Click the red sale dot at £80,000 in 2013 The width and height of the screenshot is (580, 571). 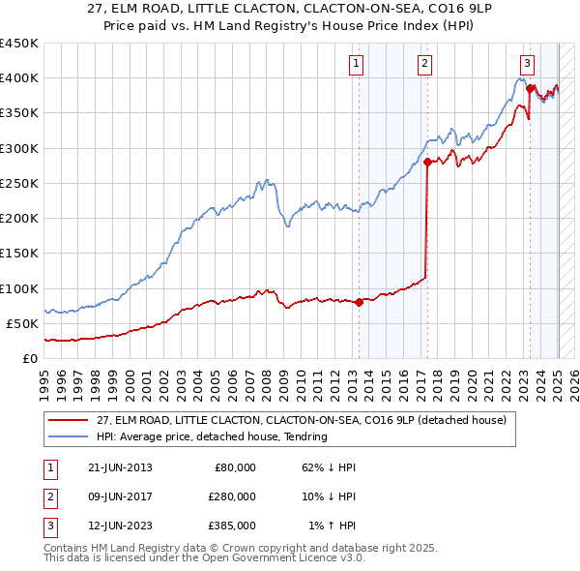point(359,302)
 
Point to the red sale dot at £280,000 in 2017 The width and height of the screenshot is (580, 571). point(426,163)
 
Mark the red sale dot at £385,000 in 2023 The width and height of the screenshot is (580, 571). point(530,89)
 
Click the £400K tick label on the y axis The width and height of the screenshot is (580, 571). point(18,78)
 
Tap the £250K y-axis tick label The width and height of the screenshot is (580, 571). point(18,184)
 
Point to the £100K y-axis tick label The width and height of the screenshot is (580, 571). point(18,288)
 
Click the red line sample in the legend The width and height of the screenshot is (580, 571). point(69,420)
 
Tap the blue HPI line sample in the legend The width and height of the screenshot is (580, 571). point(69,436)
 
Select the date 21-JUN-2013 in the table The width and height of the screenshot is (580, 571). point(119,467)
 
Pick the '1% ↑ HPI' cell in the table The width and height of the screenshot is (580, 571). point(332,526)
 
